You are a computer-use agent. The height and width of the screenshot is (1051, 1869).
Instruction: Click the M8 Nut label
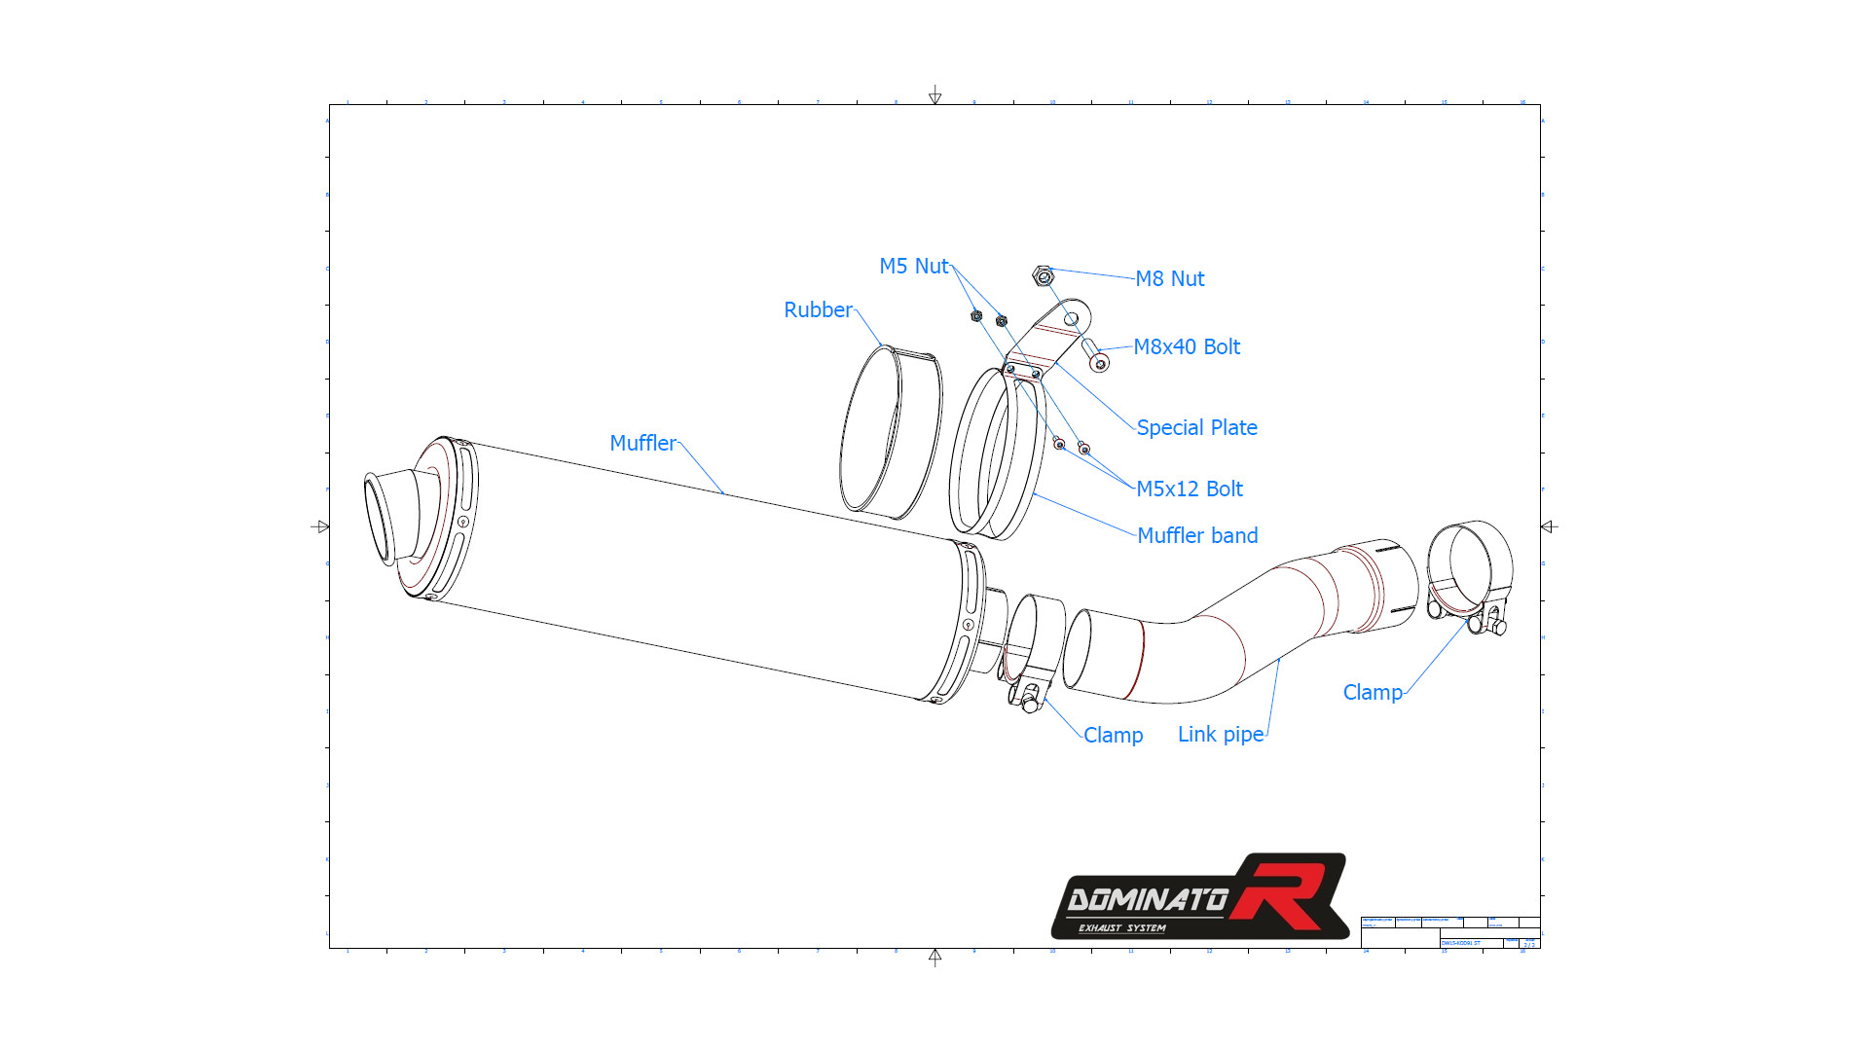(1169, 279)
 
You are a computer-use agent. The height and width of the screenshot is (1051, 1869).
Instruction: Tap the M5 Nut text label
(913, 267)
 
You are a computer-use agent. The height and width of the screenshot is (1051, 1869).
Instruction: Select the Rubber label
(818, 310)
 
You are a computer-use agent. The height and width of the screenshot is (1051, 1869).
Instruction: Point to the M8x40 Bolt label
(1187, 347)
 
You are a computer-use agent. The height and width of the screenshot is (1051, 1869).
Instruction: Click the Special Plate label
(1196, 428)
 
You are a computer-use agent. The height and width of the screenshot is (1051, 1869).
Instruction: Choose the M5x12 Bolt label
(1190, 489)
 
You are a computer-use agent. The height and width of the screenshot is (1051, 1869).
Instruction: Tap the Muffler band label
(1197, 536)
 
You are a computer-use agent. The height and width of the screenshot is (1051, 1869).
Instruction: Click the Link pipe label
(1221, 735)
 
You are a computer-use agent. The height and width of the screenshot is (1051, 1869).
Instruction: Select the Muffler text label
(642, 444)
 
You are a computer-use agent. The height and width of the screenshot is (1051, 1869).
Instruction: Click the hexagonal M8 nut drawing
(1043, 276)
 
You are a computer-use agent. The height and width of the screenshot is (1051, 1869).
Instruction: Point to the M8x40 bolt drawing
(1095, 355)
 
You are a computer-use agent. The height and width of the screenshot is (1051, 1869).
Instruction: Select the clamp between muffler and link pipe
(1030, 652)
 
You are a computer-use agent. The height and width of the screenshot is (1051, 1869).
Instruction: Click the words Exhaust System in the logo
(1121, 928)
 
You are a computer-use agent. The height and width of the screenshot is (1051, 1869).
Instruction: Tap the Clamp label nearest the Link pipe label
(1113, 736)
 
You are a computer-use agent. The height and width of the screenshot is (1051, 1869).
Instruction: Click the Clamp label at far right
(1373, 693)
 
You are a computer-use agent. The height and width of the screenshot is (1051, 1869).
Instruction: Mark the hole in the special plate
(1071, 319)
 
